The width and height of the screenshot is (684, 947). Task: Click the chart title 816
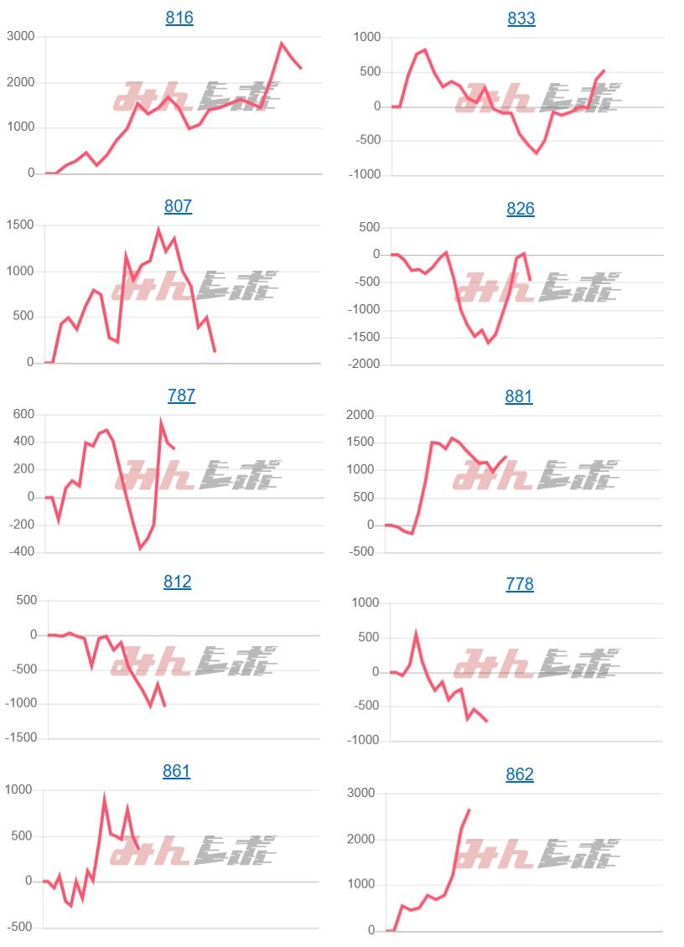179,18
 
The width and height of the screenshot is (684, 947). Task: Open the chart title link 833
521,19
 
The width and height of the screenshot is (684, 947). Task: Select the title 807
178,206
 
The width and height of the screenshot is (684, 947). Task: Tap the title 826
521,209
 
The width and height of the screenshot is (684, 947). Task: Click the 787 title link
181,396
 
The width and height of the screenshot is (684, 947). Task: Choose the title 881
519,396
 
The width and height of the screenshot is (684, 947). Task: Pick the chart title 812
178,582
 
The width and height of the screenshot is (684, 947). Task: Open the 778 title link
520,584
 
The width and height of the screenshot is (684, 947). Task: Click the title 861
177,771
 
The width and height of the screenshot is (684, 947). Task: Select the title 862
520,775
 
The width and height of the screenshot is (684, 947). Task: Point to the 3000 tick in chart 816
20,37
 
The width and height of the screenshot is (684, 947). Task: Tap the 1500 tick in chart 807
20,225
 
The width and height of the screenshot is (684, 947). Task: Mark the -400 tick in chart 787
20,552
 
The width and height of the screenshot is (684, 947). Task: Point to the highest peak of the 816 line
282,44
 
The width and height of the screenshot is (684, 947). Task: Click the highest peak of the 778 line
416,635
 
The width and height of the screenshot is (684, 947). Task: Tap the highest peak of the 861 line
104,799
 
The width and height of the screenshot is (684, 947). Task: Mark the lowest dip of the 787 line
140,548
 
